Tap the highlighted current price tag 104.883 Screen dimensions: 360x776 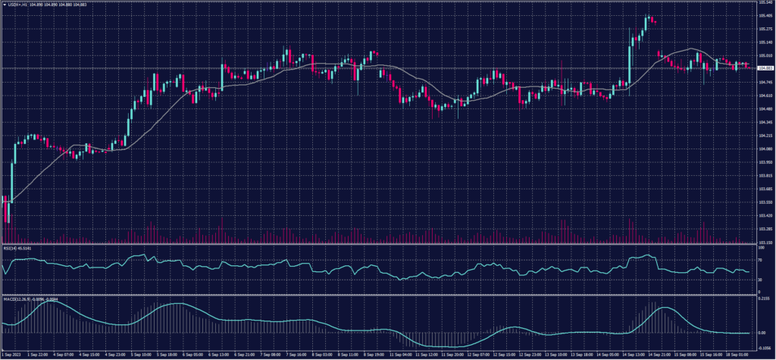(765, 69)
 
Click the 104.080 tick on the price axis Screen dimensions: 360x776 (765, 149)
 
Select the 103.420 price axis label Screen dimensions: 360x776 (765, 215)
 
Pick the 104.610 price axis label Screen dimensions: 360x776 (765, 96)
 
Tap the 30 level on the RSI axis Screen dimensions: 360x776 (761, 280)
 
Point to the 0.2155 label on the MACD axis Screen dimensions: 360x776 (764, 299)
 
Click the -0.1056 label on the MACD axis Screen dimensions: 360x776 (764, 349)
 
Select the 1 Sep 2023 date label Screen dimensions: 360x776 (12, 354)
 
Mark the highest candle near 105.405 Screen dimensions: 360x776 (649, 17)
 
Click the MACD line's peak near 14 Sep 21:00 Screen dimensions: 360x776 (664, 307)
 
